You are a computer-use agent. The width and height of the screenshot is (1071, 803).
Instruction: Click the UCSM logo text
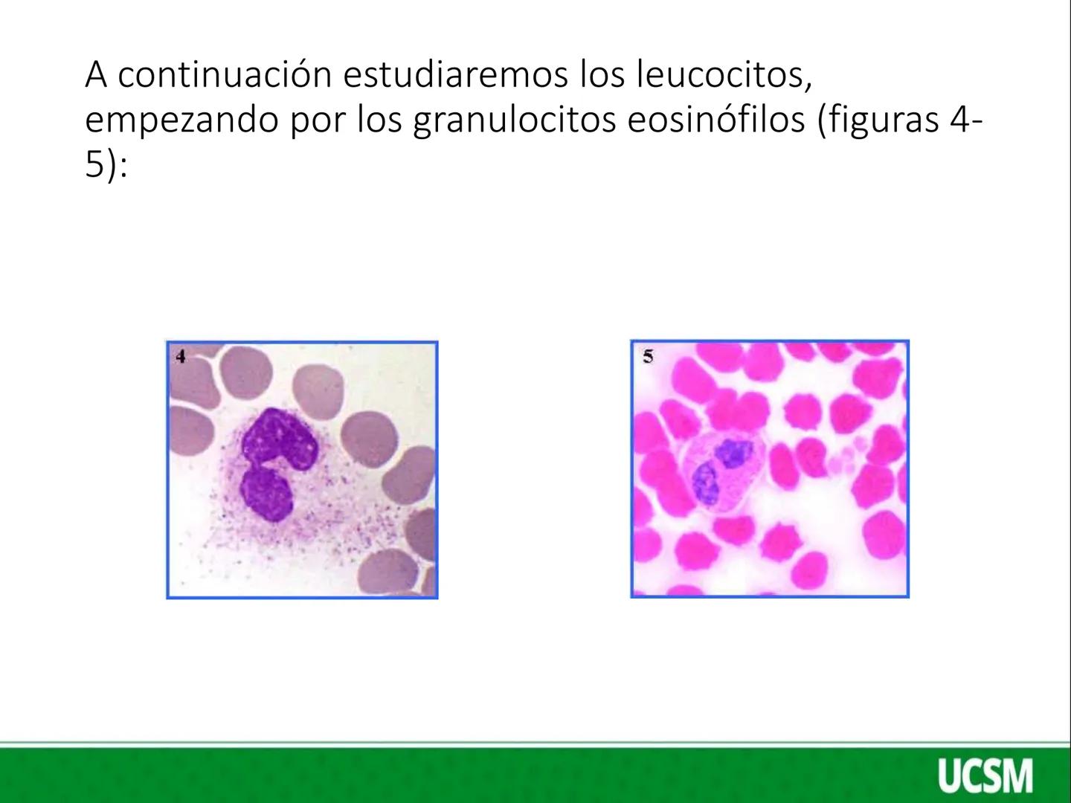tap(985, 775)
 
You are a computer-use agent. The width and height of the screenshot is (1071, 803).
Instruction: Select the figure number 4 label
tap(179, 356)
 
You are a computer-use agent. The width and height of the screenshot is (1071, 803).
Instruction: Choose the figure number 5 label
tap(647, 357)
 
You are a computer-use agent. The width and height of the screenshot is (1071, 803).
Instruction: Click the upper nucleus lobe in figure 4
tap(282, 439)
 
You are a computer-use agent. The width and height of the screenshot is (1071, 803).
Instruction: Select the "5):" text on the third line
tap(106, 166)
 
